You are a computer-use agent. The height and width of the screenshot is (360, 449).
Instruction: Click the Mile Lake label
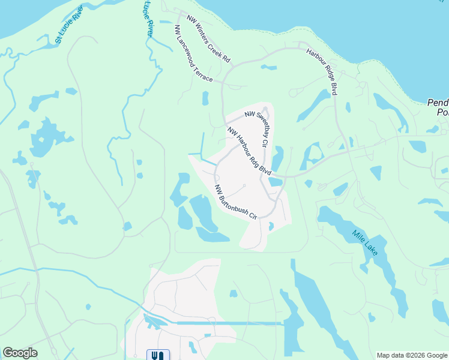coord(365,242)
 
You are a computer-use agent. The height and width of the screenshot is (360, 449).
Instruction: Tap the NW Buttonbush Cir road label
coord(236,202)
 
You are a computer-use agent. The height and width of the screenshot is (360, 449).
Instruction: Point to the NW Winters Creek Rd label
coord(208,39)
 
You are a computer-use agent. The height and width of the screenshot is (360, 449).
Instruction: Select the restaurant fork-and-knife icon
coord(158,355)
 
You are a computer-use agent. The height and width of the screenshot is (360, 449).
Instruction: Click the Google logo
coord(20,353)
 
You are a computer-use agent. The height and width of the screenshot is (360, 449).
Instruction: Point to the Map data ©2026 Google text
coord(411,355)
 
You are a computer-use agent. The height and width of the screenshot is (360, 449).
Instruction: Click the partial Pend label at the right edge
coord(438,107)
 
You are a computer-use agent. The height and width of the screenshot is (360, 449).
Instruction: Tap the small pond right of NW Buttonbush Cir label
coord(271,226)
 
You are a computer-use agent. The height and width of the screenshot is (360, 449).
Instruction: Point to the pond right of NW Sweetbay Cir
coord(277,158)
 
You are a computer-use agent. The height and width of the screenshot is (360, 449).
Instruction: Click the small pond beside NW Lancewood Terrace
coord(205,97)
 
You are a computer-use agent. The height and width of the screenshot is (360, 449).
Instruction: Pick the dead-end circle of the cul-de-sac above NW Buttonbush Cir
coord(244,185)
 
